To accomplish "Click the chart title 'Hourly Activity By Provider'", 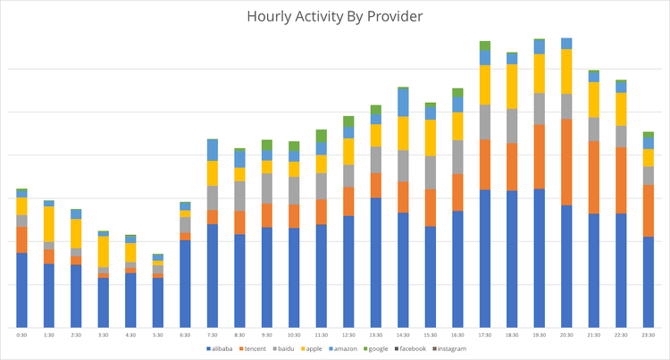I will point(335,17).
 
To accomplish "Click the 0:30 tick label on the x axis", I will point(21,334).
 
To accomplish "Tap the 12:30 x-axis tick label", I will point(349,334).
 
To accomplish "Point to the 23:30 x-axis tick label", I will point(649,334).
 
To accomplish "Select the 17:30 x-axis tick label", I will point(485,334).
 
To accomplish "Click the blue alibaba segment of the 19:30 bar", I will point(540,258).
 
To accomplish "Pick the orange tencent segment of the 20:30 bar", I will point(566,162).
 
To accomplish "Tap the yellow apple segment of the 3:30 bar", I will point(104,251).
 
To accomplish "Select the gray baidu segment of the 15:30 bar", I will point(431,172).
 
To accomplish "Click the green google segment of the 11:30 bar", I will point(322,136).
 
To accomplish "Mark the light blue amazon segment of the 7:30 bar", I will point(213,149).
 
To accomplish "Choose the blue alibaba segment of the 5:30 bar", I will point(158,303).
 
